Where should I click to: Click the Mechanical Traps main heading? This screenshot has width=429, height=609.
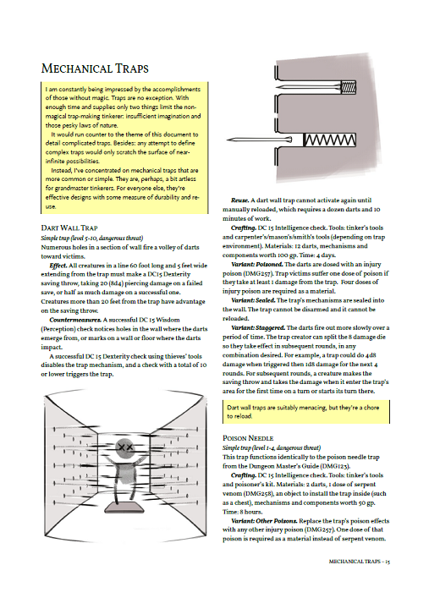[95, 69]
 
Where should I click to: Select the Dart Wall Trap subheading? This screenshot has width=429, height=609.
[69, 228]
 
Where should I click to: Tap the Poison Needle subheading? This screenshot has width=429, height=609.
[248, 438]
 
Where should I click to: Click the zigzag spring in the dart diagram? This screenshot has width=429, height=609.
[329, 140]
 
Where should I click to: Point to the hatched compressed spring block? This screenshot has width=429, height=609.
[348, 87]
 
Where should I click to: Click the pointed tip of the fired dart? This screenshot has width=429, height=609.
[227, 140]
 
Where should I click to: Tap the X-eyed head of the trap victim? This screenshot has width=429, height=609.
[124, 448]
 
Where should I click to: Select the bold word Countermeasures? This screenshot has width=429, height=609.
[75, 320]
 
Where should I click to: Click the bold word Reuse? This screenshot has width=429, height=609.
[239, 200]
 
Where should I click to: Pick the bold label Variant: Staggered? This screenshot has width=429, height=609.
[258, 327]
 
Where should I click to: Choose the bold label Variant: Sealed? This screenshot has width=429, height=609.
[253, 300]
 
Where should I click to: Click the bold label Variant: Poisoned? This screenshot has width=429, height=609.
[257, 264]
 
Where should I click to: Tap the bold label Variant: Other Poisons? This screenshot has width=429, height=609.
[264, 520]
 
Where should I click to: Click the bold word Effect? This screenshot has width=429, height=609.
[58, 266]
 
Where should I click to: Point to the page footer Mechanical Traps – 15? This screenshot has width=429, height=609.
[359, 562]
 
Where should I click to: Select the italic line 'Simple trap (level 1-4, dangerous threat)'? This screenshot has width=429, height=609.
[272, 447]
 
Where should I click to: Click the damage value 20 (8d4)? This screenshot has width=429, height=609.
[94, 283]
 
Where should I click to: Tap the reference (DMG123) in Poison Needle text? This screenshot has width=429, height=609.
[337, 466]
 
